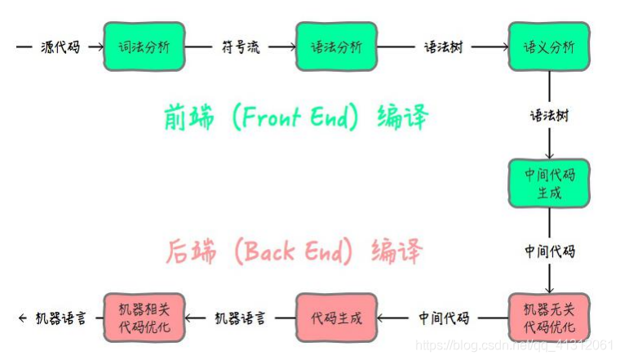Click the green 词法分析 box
[x=144, y=47]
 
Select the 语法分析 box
[x=335, y=47]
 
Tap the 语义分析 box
[x=548, y=47]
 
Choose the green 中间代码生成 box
[x=548, y=183]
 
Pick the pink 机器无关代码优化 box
[x=548, y=318]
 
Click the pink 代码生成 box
[x=335, y=318]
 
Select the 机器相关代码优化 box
[x=144, y=318]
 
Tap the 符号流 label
[x=241, y=47]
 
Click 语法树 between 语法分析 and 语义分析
[x=443, y=47]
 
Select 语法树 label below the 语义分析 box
[x=548, y=115]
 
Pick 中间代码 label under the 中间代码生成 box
[x=548, y=251]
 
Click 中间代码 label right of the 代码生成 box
[x=444, y=318]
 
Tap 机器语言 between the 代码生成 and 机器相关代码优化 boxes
[x=240, y=318]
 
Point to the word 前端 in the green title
[x=190, y=118]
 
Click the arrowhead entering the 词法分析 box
[x=100, y=47]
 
